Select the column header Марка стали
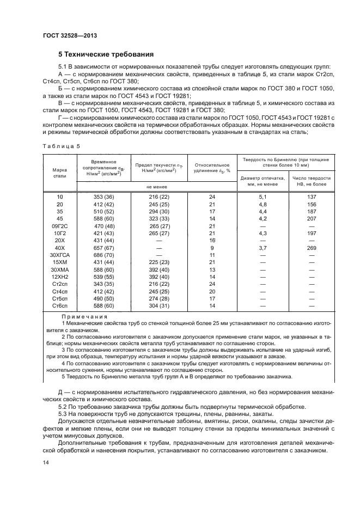59,173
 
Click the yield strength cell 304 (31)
160,306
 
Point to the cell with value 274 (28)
160,299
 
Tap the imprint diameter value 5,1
263,196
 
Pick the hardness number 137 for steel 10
312,196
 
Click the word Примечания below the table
84,316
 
